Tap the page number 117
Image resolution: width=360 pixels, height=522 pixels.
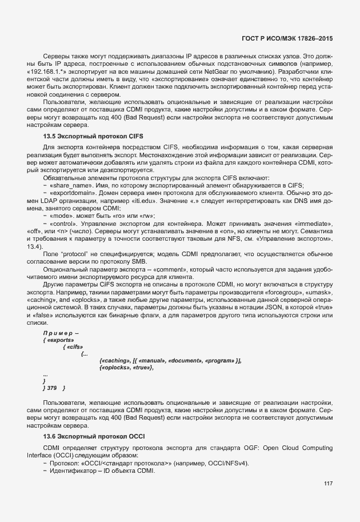[x=328, y=484]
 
